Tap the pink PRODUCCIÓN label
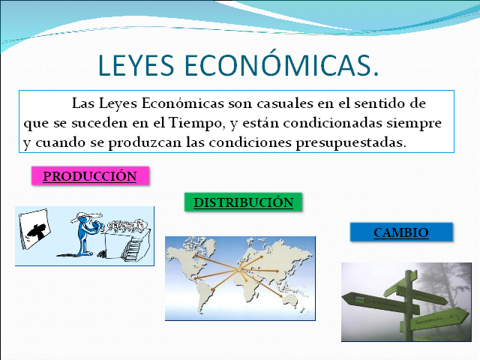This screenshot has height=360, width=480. point(90,176)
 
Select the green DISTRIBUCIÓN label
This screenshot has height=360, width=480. point(243,202)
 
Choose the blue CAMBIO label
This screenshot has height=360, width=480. point(401,232)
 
